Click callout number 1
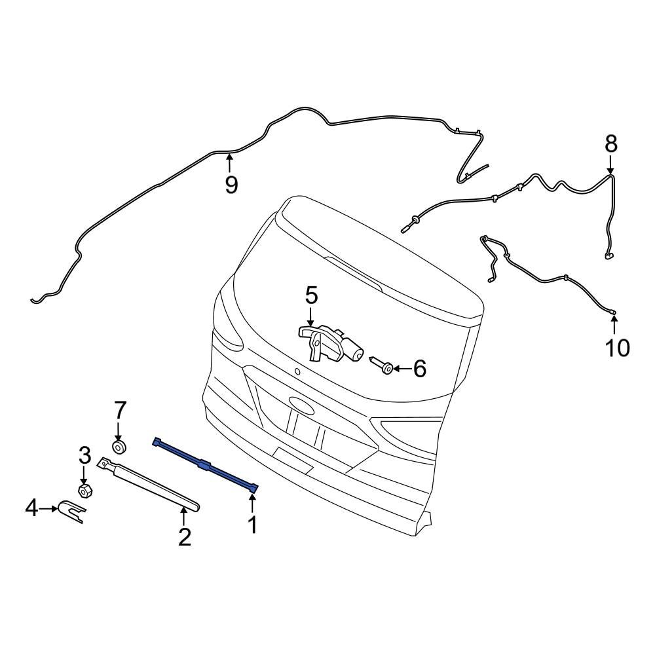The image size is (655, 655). tap(252, 525)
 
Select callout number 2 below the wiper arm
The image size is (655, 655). tap(185, 536)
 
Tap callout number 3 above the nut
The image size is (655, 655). tap(84, 453)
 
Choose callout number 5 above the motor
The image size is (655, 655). tap(310, 295)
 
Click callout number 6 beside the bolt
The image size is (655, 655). tap(419, 369)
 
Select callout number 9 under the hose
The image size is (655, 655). tap(231, 184)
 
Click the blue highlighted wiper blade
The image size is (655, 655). tap(205, 464)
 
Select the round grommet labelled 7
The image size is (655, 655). tap(119, 447)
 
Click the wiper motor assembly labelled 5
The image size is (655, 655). tap(332, 342)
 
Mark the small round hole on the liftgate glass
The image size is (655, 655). tap(297, 371)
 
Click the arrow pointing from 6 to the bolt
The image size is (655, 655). tap(401, 369)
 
